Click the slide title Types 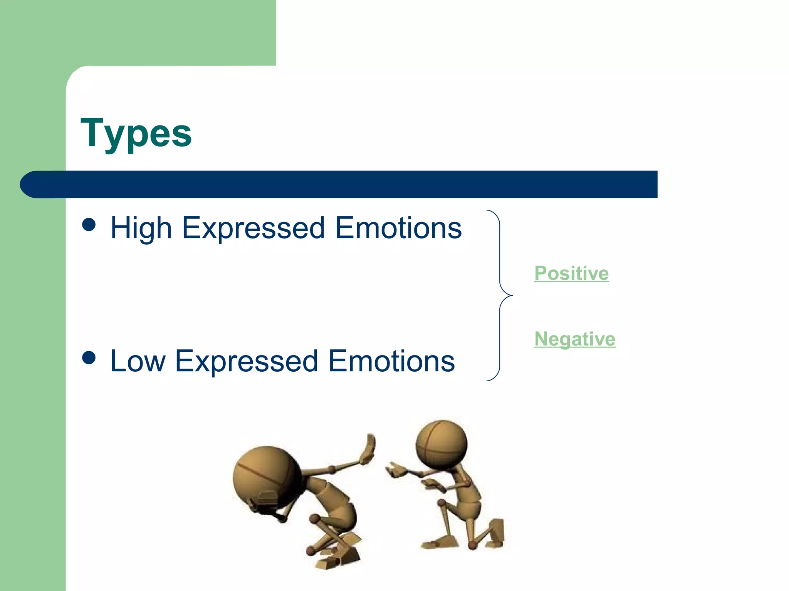coord(136,133)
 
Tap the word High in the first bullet coord(141,228)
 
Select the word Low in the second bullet coord(138,361)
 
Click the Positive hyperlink coord(571,274)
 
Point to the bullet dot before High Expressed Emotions coord(89,225)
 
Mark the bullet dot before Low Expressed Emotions coord(89,358)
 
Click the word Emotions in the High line coord(398,228)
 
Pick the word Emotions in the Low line coord(391,361)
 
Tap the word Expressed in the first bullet coord(253,228)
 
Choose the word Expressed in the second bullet coord(247,361)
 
